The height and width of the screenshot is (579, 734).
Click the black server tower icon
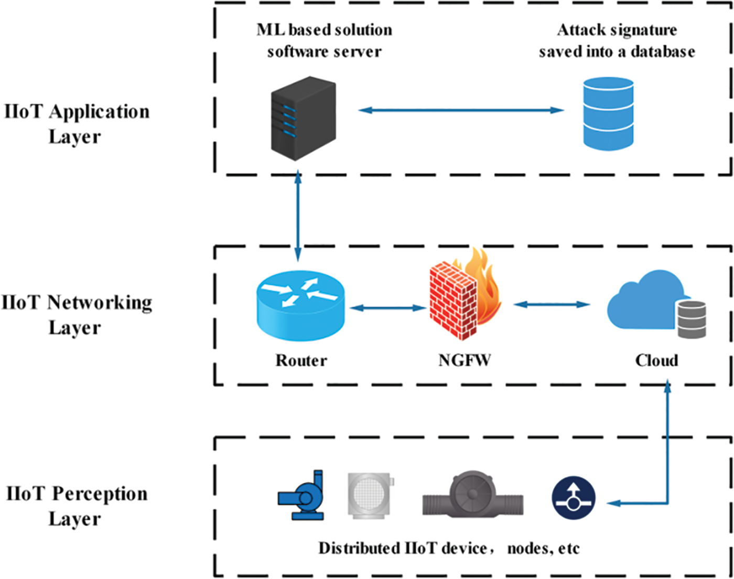(x=303, y=118)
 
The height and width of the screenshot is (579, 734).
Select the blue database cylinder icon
(x=608, y=114)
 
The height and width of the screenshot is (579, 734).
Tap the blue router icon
(x=301, y=306)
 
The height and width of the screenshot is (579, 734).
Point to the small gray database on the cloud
(x=691, y=319)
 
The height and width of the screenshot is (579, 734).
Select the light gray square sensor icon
(x=370, y=496)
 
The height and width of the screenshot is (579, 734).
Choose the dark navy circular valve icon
(x=574, y=498)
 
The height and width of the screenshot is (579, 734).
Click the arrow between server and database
(x=461, y=110)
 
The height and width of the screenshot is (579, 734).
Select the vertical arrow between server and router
(x=298, y=216)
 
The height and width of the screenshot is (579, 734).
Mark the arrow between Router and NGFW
(x=387, y=308)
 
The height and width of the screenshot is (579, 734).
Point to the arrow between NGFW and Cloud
(x=552, y=304)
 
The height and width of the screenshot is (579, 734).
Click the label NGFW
(x=464, y=360)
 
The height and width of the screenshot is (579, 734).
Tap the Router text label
(x=301, y=360)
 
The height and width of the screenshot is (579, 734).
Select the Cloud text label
(x=656, y=360)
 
